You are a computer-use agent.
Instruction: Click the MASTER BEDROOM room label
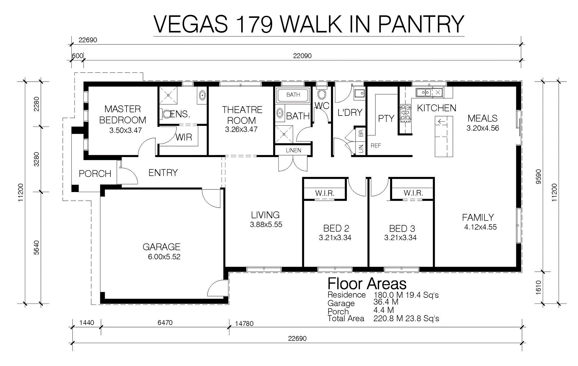tap(123, 115)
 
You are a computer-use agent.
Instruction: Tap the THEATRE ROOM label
tap(242, 115)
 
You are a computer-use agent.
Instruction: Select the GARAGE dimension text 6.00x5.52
tap(164, 257)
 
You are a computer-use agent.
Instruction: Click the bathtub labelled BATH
tap(293, 95)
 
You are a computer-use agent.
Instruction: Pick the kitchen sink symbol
tap(424, 92)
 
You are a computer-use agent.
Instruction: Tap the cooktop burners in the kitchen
tap(406, 113)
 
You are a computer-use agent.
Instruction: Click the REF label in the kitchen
tap(376, 145)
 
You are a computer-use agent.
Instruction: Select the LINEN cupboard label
tap(294, 150)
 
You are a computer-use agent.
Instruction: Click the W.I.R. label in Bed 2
tap(325, 193)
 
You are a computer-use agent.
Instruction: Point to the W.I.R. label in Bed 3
tap(413, 193)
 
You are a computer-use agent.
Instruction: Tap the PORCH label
tap(95, 174)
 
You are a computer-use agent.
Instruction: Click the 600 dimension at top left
tap(77, 56)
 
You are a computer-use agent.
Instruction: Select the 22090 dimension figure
tap(302, 56)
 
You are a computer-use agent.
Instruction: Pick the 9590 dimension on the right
tap(538, 177)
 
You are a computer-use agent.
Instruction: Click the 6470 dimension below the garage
tap(165, 323)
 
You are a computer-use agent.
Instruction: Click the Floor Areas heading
tap(367, 284)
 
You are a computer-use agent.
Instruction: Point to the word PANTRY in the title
tap(421, 24)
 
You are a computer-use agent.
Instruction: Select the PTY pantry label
tap(386, 119)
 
